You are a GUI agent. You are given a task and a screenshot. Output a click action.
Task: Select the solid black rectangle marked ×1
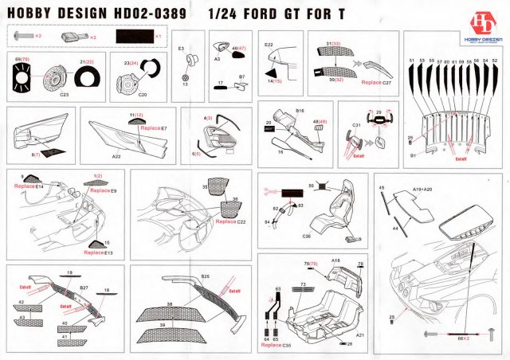click(136, 37)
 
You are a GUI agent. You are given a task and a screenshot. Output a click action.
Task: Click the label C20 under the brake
click(143, 94)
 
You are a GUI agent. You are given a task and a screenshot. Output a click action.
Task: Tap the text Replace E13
click(99, 252)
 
